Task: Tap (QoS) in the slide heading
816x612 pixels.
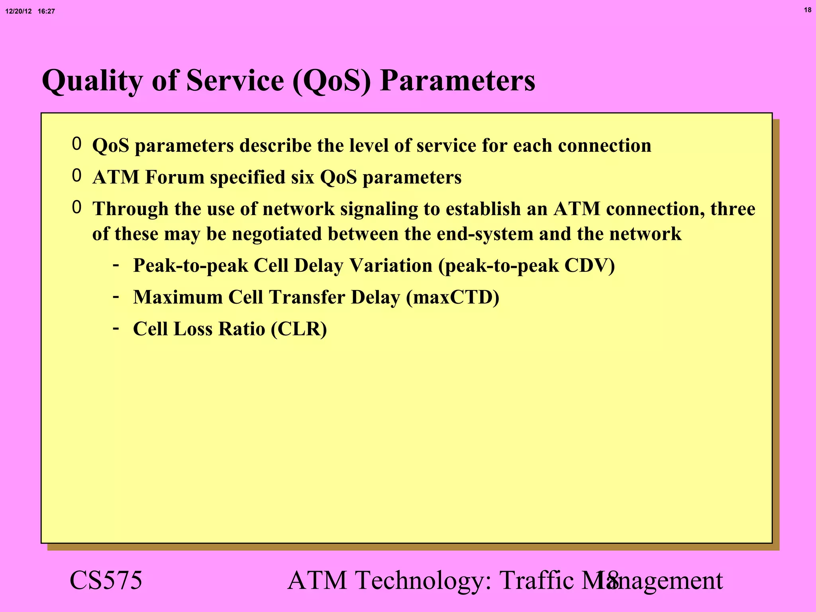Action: (331, 81)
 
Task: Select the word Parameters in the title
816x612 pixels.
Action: (457, 81)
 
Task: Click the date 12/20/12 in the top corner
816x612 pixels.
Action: (18, 12)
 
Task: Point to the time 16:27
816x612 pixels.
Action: (46, 12)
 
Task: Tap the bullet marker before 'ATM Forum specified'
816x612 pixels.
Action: (76, 176)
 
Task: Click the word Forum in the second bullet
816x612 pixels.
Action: (175, 177)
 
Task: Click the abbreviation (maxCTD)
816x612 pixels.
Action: (453, 298)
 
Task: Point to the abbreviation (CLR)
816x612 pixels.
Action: (299, 330)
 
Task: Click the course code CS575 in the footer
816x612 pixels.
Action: (106, 581)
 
